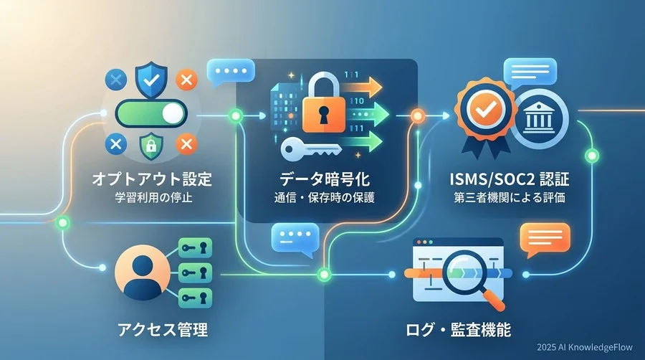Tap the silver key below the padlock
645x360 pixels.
pos(312,149)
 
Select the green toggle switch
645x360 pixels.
pos(151,113)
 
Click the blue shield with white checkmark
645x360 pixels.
pos(151,80)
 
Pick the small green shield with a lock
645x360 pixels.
pos(151,146)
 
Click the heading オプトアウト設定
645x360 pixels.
pos(152,179)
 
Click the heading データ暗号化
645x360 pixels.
pos(325,179)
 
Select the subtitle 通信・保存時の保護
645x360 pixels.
pos(324,198)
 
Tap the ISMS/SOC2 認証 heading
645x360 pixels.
pos(510,179)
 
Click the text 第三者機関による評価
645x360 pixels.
pos(510,197)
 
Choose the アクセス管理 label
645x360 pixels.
pos(163,330)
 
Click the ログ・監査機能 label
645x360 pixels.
pos(458,330)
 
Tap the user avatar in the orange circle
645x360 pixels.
pos(143,273)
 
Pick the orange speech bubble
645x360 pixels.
pos(545,240)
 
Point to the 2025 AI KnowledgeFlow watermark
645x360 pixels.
pos(585,347)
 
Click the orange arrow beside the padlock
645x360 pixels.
pos(361,86)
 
